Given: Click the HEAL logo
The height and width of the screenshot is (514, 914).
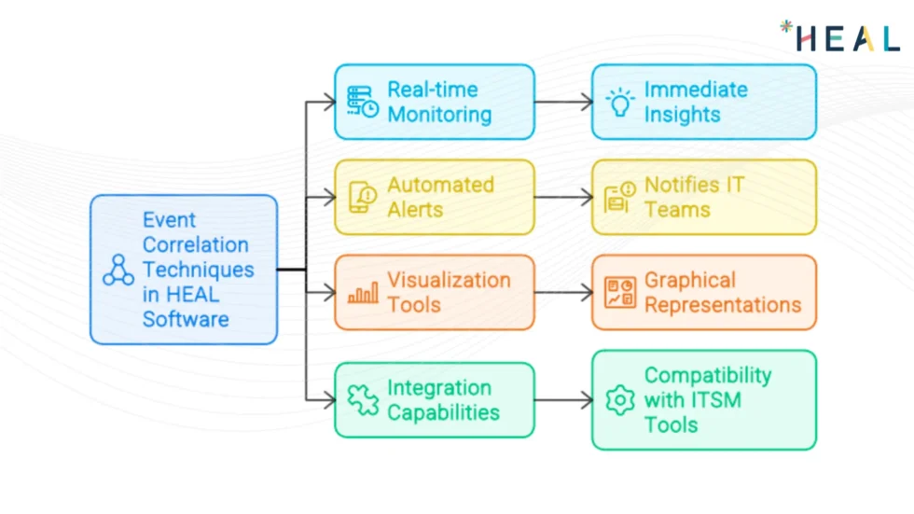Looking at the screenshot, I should click(839, 36).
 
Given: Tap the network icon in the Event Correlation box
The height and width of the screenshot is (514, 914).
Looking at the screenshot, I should click(118, 270).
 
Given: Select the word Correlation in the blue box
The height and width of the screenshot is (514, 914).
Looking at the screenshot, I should click(195, 245).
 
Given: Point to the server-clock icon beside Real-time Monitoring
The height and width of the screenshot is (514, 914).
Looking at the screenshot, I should click(363, 102).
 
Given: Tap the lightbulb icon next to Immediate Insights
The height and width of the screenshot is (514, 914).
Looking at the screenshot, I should click(619, 102).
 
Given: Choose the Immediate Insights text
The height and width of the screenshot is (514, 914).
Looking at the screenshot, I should click(695, 102).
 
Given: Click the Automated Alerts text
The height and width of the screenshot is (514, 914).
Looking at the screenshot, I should click(440, 197).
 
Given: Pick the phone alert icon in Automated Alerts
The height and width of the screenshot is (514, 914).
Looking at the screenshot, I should click(363, 197).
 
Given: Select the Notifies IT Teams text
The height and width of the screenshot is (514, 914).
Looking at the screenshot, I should click(694, 197).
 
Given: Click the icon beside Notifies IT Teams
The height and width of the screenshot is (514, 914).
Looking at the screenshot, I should click(619, 198).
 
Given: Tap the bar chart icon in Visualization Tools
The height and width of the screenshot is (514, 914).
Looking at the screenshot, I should click(363, 293).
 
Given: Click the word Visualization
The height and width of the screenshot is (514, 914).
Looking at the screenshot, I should click(449, 280).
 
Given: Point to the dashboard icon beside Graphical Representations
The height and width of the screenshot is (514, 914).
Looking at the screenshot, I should click(619, 293).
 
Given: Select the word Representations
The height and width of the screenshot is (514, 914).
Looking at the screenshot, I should click(722, 305).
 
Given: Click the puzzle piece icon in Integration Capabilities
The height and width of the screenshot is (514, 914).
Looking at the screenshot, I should click(363, 400).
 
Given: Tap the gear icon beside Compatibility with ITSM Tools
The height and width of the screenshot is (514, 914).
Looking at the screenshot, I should click(619, 400).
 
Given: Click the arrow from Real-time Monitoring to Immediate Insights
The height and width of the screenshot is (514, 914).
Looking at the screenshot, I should click(563, 102).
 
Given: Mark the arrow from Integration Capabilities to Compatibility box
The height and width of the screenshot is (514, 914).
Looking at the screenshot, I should click(563, 400).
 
